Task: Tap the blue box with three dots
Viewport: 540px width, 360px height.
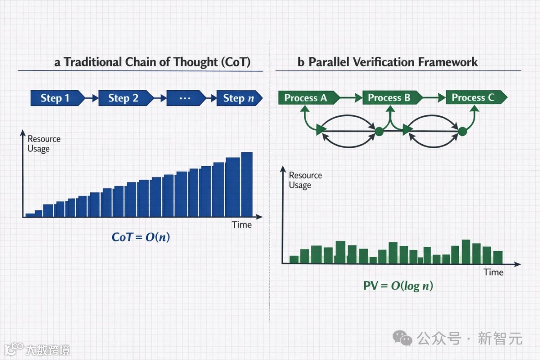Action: tap(186, 98)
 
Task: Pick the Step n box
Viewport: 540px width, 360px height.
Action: tap(239, 98)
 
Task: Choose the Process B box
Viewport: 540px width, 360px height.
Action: tap(392, 98)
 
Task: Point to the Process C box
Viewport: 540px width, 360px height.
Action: tap(476, 98)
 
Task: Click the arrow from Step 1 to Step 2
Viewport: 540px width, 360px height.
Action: tap(92, 98)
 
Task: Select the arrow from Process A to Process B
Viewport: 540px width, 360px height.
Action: tap(351, 98)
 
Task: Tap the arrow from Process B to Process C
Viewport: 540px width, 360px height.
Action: tap(434, 98)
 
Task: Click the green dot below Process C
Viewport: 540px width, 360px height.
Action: tap(463, 131)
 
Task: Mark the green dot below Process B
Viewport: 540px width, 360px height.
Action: tap(379, 131)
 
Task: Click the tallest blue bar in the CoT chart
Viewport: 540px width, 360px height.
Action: tap(247, 184)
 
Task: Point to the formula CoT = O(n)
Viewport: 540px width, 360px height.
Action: tap(141, 237)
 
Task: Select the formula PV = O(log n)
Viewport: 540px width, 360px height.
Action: tap(398, 286)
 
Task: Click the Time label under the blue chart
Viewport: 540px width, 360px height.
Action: tap(242, 225)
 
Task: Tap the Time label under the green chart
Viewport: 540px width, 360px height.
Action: tap(494, 272)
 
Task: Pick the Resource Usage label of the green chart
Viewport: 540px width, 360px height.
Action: tap(306, 180)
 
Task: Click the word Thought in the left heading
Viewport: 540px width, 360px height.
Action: tap(196, 62)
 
